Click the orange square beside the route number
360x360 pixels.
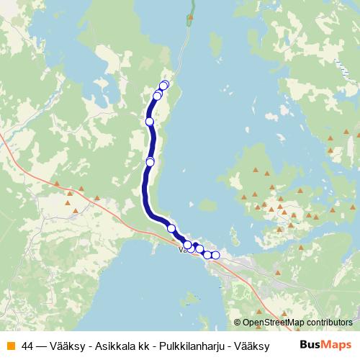10,345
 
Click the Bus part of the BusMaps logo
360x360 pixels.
310,344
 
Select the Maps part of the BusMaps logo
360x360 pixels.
338,344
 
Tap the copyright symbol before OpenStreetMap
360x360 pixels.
238,323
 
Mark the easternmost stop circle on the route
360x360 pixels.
215,255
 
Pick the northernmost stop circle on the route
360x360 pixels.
164,85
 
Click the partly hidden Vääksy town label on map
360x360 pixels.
181,251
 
